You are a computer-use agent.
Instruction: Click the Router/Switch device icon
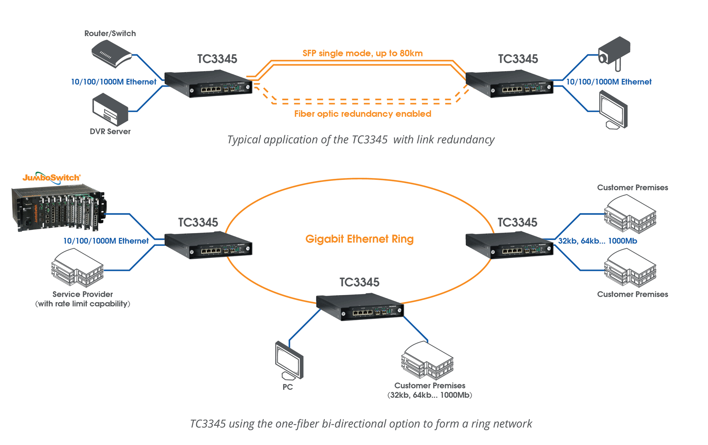[111, 54]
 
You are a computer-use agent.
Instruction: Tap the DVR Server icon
[110, 109]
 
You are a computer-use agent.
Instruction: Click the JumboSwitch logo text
[51, 178]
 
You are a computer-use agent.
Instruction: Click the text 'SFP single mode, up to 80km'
[362, 53]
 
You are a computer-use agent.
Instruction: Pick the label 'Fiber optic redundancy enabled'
[362, 114]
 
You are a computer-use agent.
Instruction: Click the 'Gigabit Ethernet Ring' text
[360, 239]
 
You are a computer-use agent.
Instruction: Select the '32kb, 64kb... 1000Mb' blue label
[597, 241]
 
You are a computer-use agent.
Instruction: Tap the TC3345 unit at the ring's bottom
[360, 307]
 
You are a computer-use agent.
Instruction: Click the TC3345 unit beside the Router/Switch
[208, 84]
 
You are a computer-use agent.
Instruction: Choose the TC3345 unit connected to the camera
[509, 84]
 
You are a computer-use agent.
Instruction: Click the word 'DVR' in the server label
[98, 132]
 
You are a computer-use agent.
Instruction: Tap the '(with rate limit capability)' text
[83, 304]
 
